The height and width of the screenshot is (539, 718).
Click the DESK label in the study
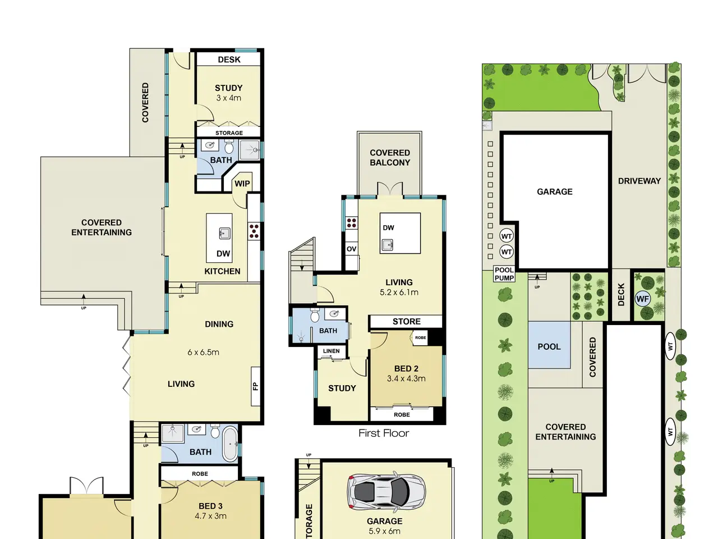coord(229,60)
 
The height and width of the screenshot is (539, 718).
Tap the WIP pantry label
coord(242,184)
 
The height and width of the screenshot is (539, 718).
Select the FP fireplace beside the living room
coord(255,386)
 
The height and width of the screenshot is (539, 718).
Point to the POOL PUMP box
coord(504,274)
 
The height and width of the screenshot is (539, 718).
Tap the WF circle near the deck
coord(642,299)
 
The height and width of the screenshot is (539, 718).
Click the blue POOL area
coord(549,345)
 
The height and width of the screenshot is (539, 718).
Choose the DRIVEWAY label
coord(639,181)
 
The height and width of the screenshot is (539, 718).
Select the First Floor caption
coord(384,433)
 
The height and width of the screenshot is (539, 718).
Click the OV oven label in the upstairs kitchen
coord(351,249)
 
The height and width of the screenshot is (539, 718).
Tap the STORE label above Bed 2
coord(407,321)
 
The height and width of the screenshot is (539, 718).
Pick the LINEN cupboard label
coord(332,351)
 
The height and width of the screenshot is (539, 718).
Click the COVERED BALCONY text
coord(390,157)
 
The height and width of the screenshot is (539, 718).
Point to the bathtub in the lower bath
coord(230,444)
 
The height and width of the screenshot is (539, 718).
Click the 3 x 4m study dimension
coord(229,98)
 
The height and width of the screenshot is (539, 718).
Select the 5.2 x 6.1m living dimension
coord(399,293)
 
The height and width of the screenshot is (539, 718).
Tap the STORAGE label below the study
coord(229,133)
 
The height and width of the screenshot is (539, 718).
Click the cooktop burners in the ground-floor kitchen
coord(254,231)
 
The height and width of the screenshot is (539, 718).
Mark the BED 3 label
coord(211,506)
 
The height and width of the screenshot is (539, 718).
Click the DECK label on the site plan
coord(621,295)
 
